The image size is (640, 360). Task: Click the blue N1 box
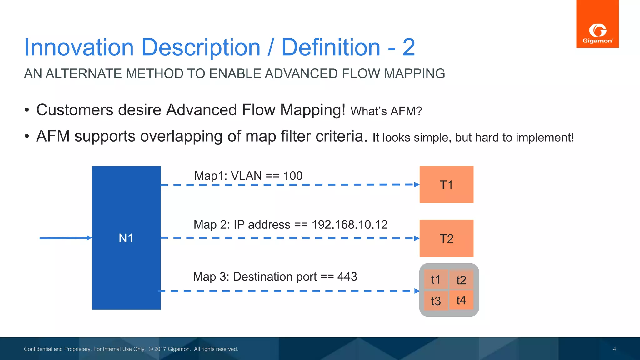(x=126, y=238)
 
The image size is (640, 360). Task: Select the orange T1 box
(x=446, y=184)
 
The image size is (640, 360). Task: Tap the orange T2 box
(x=446, y=238)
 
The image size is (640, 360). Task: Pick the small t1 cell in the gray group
(x=436, y=279)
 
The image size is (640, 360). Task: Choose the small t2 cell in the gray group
(x=461, y=280)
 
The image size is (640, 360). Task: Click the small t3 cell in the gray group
(x=436, y=301)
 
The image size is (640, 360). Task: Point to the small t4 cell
(x=461, y=300)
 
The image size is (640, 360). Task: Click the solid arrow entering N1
(x=66, y=238)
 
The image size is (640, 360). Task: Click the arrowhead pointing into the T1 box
(x=417, y=184)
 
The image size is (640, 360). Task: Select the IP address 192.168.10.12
(x=349, y=225)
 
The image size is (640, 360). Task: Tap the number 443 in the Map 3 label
(x=347, y=277)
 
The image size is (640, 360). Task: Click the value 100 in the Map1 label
(x=292, y=176)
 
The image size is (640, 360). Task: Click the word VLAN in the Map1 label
(x=246, y=176)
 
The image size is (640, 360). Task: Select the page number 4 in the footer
(x=614, y=349)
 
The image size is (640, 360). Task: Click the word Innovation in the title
(x=79, y=47)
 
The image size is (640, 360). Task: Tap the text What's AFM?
(x=386, y=111)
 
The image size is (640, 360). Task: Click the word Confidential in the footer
(x=38, y=349)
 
